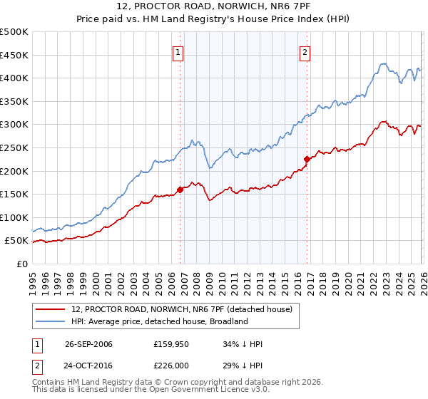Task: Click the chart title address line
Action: [x=213, y=7]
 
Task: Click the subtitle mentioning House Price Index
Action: [x=213, y=19]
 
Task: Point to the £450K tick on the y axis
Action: [x=14, y=55]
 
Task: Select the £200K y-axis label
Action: [x=14, y=171]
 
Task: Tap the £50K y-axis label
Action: [x=17, y=241]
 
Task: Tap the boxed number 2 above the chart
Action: [x=305, y=51]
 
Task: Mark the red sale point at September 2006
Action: [x=180, y=190]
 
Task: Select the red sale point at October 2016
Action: [x=307, y=159]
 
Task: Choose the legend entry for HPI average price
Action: [x=159, y=321]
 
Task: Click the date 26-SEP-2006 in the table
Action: [x=88, y=344]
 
